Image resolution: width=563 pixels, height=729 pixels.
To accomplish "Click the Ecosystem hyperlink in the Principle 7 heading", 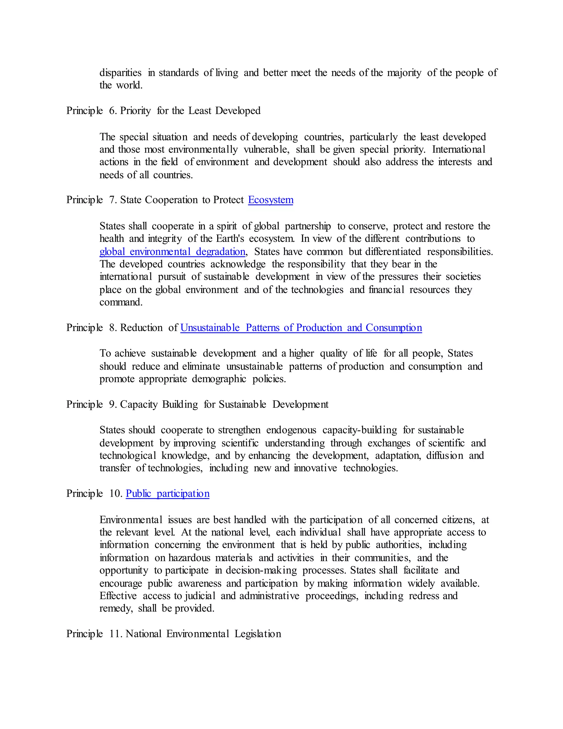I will pos(271,200).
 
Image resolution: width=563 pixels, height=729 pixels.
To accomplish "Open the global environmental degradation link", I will pos(172,251).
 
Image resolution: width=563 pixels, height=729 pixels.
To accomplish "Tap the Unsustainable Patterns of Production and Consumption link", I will pos(301,328).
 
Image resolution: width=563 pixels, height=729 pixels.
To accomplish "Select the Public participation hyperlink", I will pos(167,494).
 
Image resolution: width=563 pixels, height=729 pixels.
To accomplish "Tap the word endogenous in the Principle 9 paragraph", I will pos(291,430).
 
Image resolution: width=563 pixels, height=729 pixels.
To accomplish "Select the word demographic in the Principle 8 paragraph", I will pos(219,379).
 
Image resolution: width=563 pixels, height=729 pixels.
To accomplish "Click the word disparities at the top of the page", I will pos(120,73).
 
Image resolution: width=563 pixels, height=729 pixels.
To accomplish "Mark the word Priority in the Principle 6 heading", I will pos(136,111).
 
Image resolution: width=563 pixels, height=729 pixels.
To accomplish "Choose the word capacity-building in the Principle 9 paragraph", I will pos(360,430).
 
